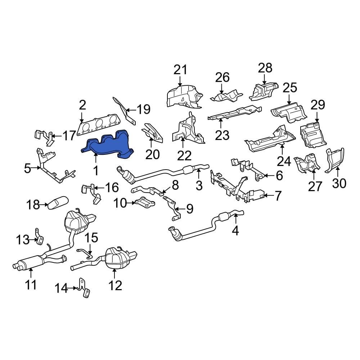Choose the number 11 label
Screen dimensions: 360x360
click(x=31, y=284)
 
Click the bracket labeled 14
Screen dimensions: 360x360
click(x=84, y=288)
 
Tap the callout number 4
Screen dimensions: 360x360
click(x=235, y=230)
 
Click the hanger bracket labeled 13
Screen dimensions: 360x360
click(x=38, y=238)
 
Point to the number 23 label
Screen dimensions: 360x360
click(x=222, y=135)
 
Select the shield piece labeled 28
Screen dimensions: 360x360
click(x=265, y=90)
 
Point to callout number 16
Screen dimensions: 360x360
click(x=111, y=187)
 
